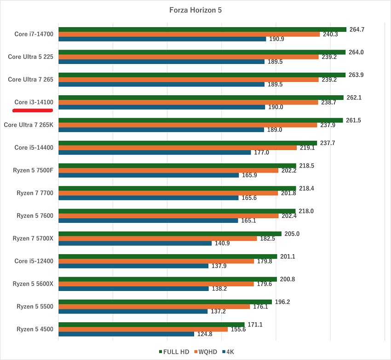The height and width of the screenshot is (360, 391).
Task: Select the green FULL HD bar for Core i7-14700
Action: [x=202, y=29]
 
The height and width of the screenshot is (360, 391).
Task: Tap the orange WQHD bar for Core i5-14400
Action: [x=178, y=148]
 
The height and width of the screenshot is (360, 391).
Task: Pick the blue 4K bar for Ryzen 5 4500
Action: [x=126, y=334]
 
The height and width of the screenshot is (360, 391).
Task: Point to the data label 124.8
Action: [x=205, y=334]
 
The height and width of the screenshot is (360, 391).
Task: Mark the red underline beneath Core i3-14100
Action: [x=33, y=110]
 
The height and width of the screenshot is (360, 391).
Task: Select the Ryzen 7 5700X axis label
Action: [x=33, y=238]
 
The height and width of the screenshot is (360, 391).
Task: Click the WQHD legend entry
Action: [x=207, y=352]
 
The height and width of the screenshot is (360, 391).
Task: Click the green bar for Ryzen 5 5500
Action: [x=165, y=302]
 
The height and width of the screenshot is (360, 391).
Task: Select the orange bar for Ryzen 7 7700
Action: [x=168, y=193]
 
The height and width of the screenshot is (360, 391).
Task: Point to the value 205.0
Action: [x=292, y=233]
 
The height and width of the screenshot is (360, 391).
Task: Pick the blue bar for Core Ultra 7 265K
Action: [x=161, y=130]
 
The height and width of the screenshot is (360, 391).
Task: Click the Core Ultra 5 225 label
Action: [x=30, y=57]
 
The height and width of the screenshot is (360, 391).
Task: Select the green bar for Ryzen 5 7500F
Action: [x=177, y=166]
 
